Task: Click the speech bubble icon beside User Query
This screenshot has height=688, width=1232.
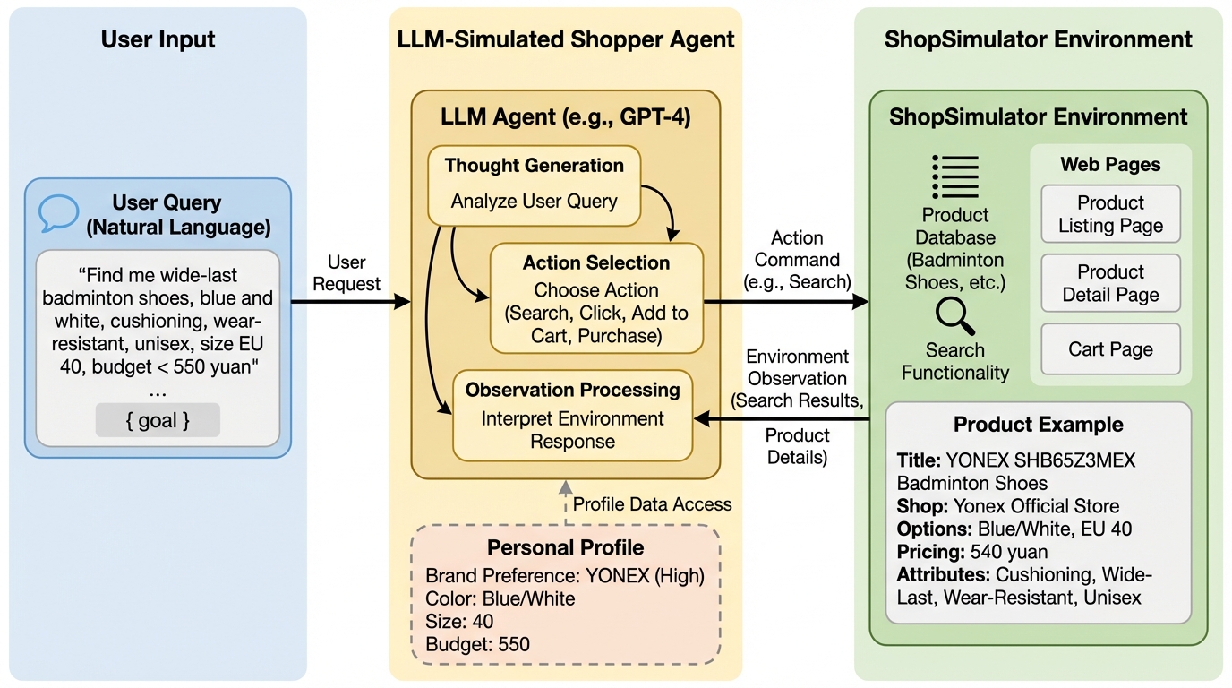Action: [x=58, y=212]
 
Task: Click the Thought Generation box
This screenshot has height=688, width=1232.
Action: [x=534, y=185]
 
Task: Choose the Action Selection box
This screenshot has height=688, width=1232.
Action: [x=596, y=298]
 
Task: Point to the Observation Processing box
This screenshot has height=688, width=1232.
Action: [x=572, y=415]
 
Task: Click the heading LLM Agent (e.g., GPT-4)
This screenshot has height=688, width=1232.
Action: [x=566, y=117]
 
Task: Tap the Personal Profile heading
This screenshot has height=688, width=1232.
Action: [x=565, y=547]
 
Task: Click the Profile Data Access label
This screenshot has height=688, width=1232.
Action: [x=652, y=504]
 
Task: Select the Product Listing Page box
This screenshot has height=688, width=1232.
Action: [x=1110, y=214]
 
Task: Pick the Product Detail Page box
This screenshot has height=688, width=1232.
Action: [x=1110, y=283]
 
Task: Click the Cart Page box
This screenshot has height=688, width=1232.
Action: [x=1110, y=349]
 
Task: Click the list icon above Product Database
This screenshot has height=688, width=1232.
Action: [x=955, y=176]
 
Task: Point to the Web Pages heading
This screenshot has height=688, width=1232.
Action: [x=1110, y=165]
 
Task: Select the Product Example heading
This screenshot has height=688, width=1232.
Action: [x=1038, y=425]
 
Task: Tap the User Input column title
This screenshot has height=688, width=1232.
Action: [x=158, y=39]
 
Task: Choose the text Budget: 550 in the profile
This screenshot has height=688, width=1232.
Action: [x=477, y=644]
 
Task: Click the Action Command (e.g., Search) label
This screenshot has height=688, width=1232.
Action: [x=798, y=260]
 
